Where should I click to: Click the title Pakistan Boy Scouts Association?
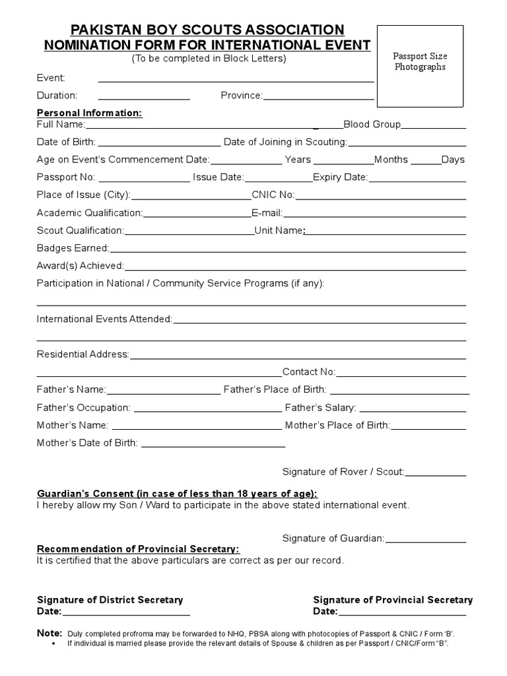(207, 30)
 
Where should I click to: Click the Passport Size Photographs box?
(420, 66)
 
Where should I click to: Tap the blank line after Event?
(236, 81)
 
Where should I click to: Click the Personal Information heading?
(89, 113)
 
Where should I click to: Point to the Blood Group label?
(372, 124)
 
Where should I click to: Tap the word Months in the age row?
(391, 159)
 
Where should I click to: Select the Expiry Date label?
(339, 177)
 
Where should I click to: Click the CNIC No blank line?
(380, 198)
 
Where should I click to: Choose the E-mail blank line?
(374, 216)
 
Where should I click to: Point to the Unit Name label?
(279, 230)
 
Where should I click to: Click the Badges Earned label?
(73, 248)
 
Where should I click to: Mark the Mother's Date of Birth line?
(213, 446)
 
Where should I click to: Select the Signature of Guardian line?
(426, 542)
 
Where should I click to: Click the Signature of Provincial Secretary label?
(393, 600)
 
